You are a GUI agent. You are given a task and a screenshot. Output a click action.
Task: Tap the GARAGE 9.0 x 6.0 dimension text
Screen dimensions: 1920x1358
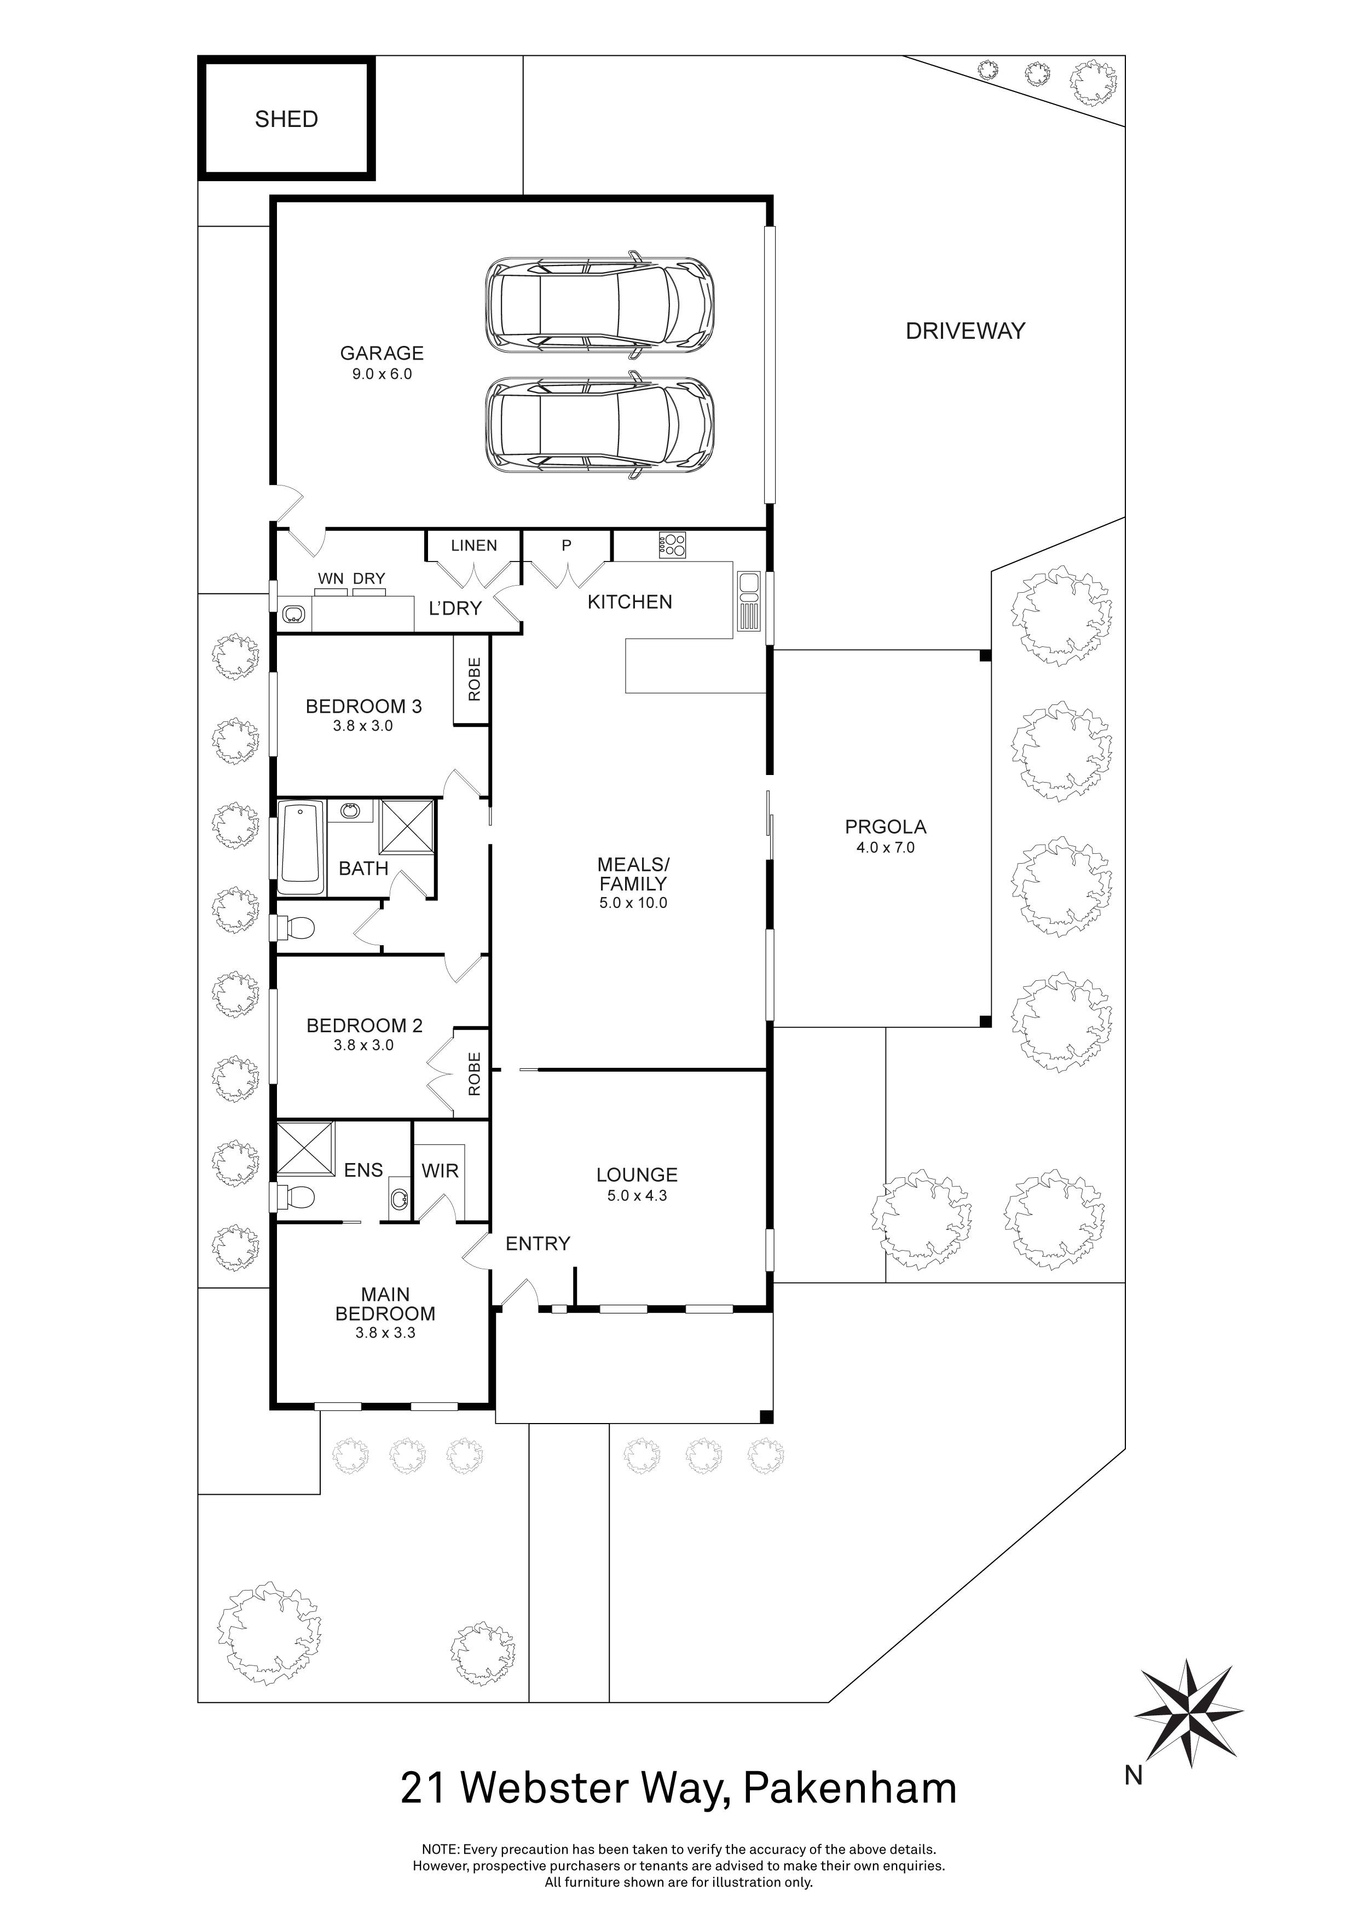click(382, 374)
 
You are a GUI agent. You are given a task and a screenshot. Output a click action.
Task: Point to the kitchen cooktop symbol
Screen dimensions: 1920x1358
click(672, 545)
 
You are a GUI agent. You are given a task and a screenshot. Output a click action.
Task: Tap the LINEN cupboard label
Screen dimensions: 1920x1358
click(473, 545)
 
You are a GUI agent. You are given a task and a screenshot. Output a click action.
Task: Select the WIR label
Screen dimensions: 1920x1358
click(440, 1171)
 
